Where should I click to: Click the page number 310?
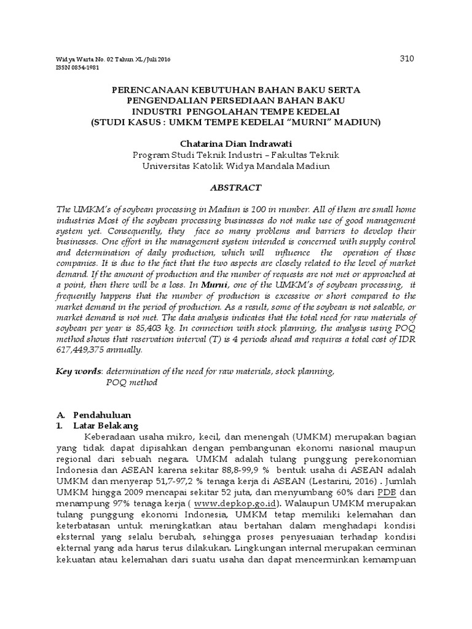(x=407, y=59)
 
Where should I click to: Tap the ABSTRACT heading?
(x=236, y=187)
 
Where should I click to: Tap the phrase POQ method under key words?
(x=132, y=382)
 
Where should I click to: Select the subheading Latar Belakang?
(x=106, y=425)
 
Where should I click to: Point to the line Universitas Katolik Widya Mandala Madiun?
(x=236, y=165)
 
